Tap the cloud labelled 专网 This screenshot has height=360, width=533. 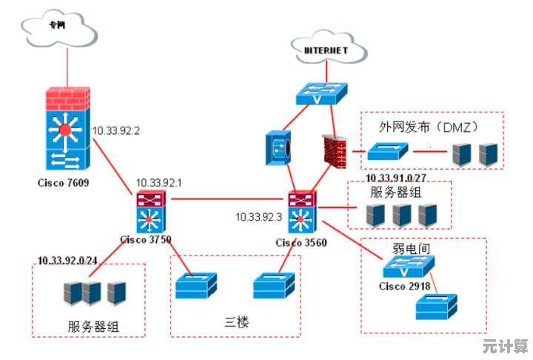[60, 27]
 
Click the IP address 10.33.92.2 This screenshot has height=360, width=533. [116, 130]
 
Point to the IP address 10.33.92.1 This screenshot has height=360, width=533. [158, 182]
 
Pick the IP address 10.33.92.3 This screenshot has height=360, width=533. [259, 217]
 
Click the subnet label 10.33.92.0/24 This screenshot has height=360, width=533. [67, 261]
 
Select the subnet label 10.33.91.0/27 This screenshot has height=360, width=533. [396, 178]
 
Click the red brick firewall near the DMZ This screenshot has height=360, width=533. [334, 152]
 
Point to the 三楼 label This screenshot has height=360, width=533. [235, 322]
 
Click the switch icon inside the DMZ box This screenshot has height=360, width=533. [387, 153]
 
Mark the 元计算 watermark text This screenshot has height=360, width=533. [505, 346]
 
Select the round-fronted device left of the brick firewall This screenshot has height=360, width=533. [278, 146]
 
